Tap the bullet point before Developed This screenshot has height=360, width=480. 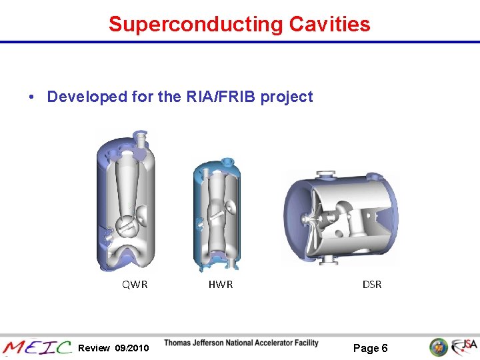pos(32,97)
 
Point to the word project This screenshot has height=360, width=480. pos(287,97)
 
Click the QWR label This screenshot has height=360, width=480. pos(135,285)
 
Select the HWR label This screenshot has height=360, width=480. pos(221,285)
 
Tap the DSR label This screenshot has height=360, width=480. pos(372,285)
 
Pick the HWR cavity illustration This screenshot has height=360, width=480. pos(217,213)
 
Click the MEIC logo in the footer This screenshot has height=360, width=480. pos(37,347)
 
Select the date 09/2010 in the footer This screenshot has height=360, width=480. pos(133,348)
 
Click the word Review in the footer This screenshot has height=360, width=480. pos(94,348)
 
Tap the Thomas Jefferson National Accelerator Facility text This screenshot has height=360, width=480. pos(241,343)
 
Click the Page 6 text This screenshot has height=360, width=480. pos(371,348)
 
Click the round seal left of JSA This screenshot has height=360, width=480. pos(438,347)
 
